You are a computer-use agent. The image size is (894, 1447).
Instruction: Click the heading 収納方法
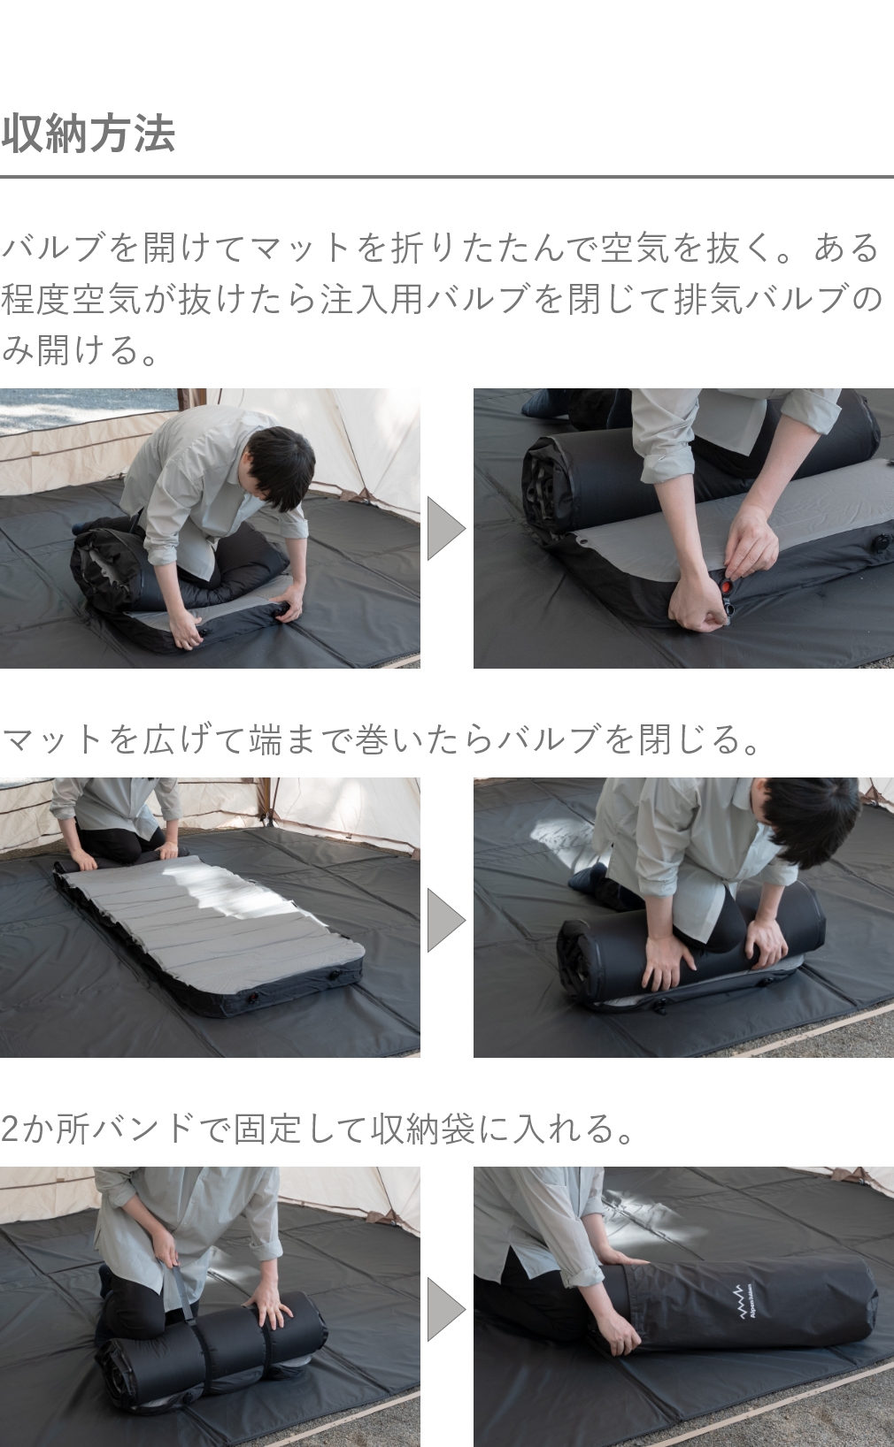point(89,134)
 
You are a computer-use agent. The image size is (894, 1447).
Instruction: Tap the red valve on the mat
point(724,586)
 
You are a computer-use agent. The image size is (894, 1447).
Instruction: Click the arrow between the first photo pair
point(445,528)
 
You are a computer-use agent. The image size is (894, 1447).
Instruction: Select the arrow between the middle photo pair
point(445,920)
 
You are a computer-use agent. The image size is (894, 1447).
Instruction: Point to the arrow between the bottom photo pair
point(445,1308)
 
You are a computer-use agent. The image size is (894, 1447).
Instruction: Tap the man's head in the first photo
point(281,467)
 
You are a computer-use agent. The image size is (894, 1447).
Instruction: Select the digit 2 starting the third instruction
point(10,1129)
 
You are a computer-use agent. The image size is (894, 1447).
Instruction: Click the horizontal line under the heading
point(446,177)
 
